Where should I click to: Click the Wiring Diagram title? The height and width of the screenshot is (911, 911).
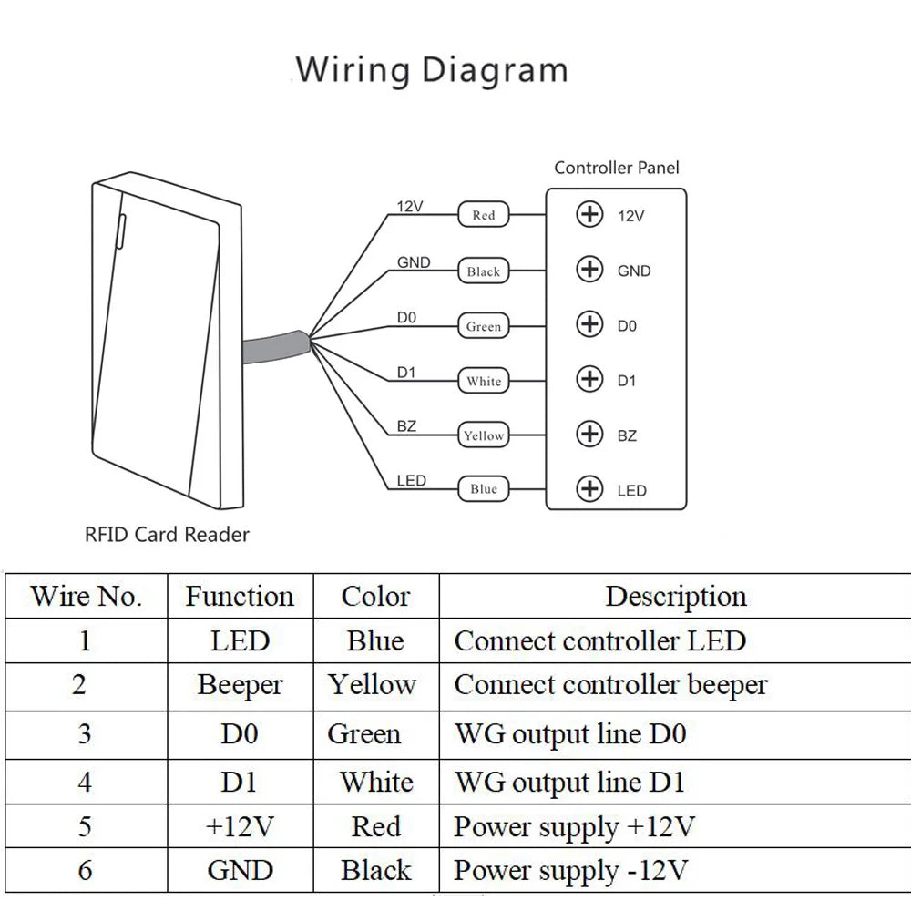(432, 71)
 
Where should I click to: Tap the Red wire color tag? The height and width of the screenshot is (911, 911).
(484, 215)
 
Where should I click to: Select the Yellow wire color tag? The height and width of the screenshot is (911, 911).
(484, 435)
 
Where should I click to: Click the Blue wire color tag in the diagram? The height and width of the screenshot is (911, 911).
(484, 489)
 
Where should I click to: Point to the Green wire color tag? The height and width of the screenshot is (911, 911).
(484, 326)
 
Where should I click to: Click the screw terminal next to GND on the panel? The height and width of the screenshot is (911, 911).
(589, 270)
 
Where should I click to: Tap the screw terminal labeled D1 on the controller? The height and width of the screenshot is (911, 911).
(589, 379)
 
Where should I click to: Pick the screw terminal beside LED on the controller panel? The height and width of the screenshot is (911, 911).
(589, 489)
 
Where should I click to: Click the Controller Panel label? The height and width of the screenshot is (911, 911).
(617, 168)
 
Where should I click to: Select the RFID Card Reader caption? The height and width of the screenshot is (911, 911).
(167, 535)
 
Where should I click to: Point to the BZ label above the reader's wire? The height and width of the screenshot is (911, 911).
(406, 425)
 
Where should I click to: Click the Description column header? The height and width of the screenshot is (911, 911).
(676, 597)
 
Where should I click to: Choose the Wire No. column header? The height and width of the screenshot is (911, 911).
(86, 597)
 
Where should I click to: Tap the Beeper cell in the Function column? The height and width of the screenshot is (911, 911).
(240, 686)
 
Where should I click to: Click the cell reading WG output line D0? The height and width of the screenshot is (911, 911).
(570, 733)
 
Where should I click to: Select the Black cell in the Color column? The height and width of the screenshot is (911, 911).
(376, 870)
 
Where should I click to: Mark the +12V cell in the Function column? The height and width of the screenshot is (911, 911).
(240, 826)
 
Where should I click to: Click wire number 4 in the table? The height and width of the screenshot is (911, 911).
(85, 783)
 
